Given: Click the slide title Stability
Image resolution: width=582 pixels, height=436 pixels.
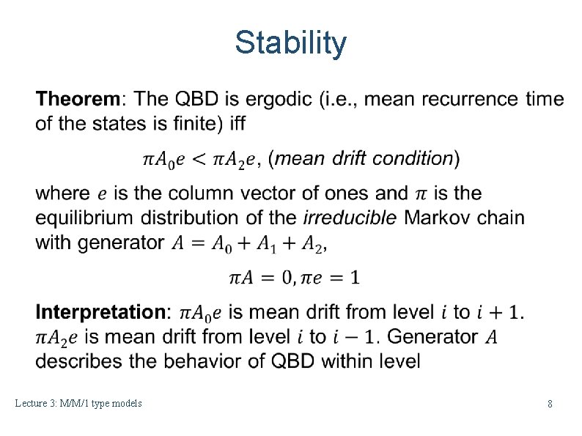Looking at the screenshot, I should pyautogui.click(x=290, y=43).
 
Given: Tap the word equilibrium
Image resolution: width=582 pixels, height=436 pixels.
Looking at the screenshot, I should pyautogui.click(x=85, y=218).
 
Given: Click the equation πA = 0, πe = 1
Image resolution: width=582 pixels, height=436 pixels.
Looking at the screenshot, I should pyautogui.click(x=295, y=278).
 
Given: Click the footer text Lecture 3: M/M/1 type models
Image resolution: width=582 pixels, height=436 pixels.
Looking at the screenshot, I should pyautogui.click(x=78, y=404).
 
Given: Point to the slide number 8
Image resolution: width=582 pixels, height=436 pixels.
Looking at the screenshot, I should pyautogui.click(x=550, y=404).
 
